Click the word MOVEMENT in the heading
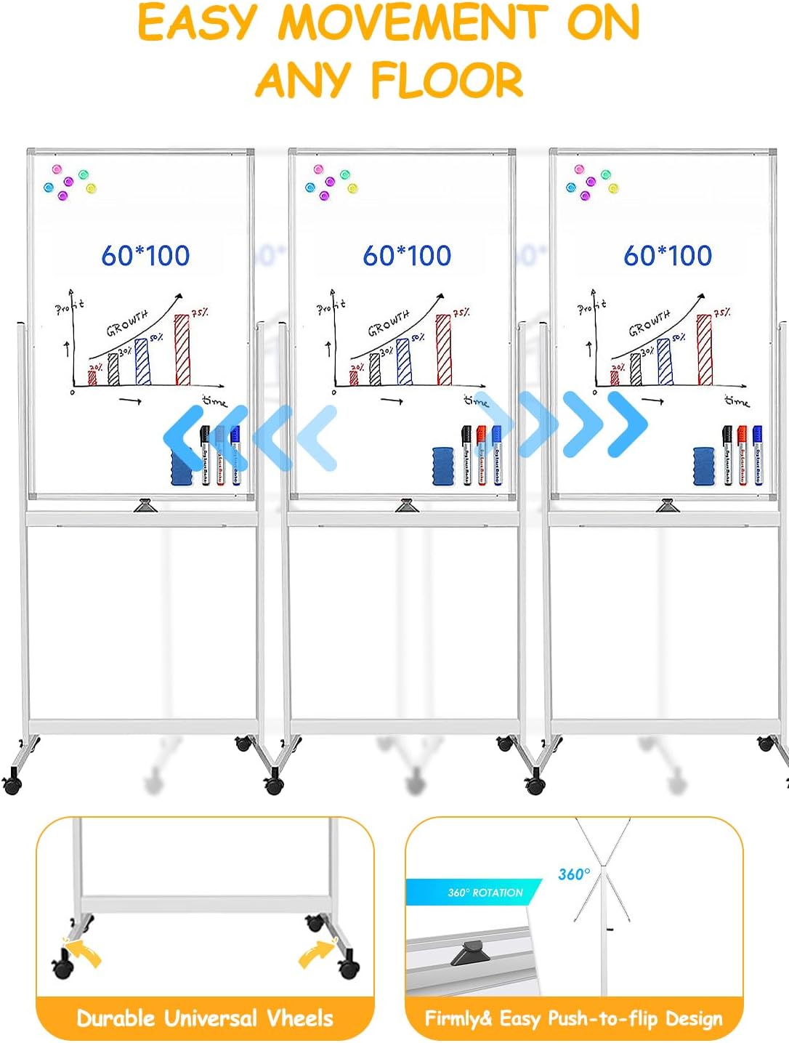pos(412,23)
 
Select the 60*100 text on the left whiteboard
pos(145,255)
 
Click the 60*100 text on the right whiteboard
pos(668,255)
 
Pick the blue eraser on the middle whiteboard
pos(443,466)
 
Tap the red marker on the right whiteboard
pos(742,455)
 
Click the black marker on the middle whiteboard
pos(466,455)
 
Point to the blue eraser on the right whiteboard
pos(704,466)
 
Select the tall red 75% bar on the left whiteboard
pos(182,350)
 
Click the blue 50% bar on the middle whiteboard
pos(404,361)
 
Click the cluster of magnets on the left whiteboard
pos(70,182)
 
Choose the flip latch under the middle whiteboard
pos(405,505)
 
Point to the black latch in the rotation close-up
pos(471,951)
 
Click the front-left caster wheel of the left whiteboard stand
pos(12,784)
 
